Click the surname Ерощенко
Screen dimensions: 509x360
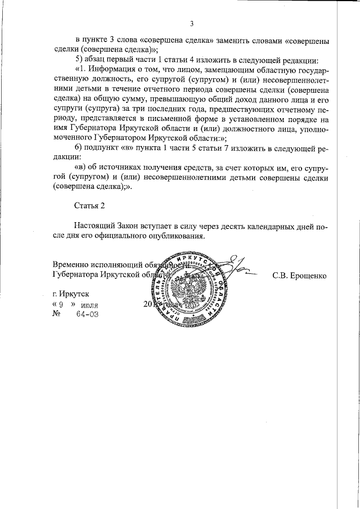[x=299, y=276]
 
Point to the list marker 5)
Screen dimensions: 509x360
[x=79, y=60]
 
